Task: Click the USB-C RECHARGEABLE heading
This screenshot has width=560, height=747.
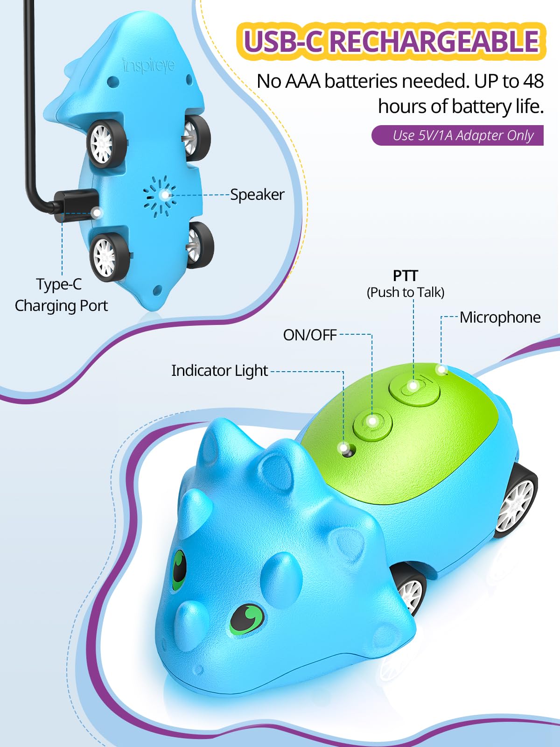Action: click(391, 41)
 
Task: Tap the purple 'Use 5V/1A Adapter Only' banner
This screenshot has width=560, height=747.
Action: click(457, 135)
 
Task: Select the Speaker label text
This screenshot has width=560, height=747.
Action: click(257, 194)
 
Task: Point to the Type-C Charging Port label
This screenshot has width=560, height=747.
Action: click(61, 295)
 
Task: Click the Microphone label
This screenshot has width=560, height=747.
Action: click(500, 317)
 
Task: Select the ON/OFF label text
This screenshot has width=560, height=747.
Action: click(309, 335)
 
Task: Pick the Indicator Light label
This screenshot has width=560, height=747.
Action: click(219, 371)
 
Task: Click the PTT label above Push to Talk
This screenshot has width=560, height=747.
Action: click(405, 275)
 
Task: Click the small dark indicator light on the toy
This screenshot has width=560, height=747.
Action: click(346, 450)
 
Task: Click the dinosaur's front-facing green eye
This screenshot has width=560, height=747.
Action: click(247, 619)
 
